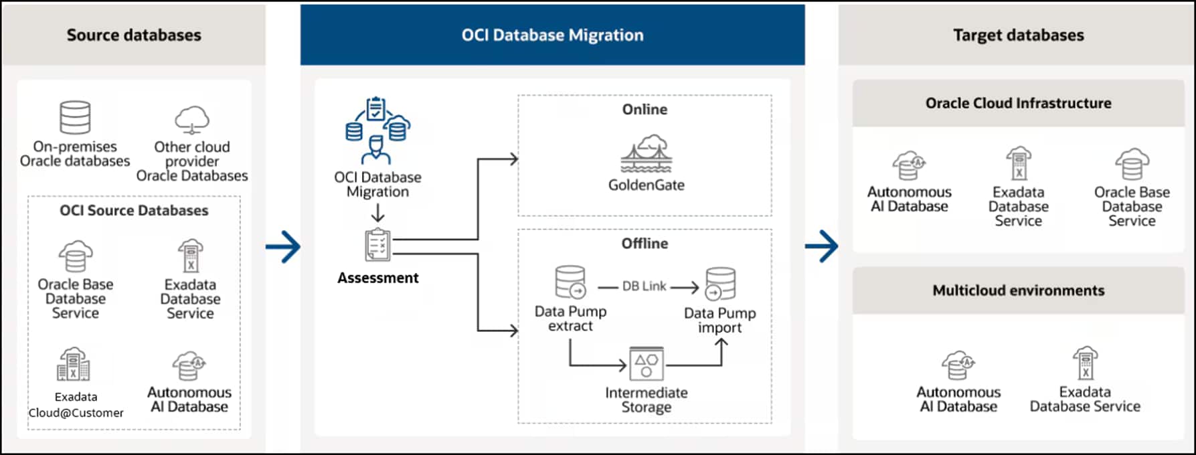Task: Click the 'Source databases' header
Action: pos(134,35)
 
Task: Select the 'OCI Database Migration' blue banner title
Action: pos(552,35)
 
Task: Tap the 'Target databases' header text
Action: pos(1018,35)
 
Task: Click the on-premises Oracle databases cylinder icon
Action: pos(75,118)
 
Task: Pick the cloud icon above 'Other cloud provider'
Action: pos(192,120)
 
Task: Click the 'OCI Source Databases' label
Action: pos(134,211)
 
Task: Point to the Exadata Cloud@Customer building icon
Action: pos(74,365)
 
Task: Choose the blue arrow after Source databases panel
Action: pos(283,247)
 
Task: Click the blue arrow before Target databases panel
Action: pos(822,247)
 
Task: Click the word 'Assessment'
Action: pos(377,278)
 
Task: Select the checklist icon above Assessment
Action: pos(377,246)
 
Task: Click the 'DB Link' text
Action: pos(644,286)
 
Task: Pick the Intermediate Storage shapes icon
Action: pos(647,363)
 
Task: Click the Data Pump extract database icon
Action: pos(571,282)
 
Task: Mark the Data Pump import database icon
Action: pos(720,284)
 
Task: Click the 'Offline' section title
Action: pos(645,244)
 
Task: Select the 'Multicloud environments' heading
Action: pos(1018,290)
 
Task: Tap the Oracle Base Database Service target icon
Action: pos(1132,164)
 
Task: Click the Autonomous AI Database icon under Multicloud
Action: pos(958,365)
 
